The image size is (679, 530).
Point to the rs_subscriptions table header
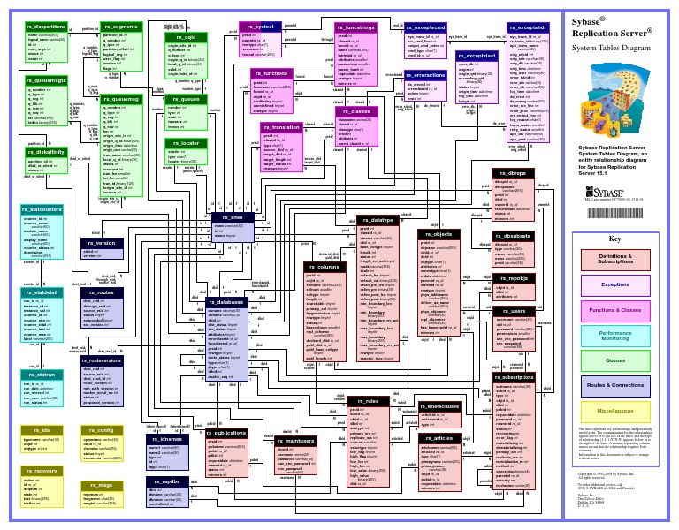tap(514, 376)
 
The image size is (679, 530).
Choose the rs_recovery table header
tap(41, 472)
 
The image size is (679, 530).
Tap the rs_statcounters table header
tap(45, 209)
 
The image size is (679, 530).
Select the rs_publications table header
tap(226, 434)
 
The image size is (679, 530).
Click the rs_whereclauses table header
tap(439, 406)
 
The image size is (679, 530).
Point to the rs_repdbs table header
tap(165, 481)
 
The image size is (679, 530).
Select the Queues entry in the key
tap(615, 360)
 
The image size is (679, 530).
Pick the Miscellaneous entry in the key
tap(615, 411)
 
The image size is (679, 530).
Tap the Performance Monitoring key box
tap(615, 336)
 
